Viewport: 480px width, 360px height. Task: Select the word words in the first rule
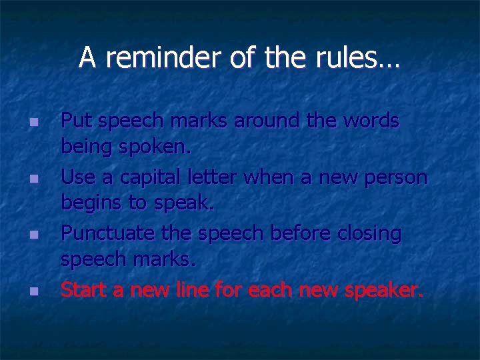click(369, 121)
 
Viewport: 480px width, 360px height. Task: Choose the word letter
click(217, 177)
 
